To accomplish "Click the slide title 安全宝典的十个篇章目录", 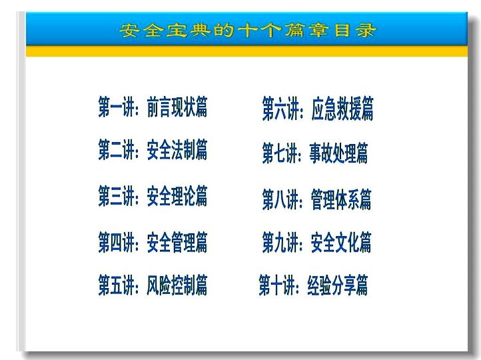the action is (x=248, y=31).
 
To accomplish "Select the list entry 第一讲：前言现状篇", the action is (x=153, y=107).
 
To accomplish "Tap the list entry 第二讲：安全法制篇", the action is (x=153, y=149).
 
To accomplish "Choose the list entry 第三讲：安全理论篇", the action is (x=153, y=196).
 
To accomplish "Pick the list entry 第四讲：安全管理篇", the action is (x=153, y=243).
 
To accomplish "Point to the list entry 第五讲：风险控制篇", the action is (x=153, y=285).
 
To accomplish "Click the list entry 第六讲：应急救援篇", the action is (x=318, y=109).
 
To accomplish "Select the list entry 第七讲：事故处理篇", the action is (x=315, y=153).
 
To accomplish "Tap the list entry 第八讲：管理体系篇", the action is (x=316, y=199).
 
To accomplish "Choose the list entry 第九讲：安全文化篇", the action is (x=316, y=243).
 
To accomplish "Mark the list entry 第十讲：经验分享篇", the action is (x=313, y=285).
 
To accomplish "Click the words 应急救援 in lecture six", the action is (x=336, y=109).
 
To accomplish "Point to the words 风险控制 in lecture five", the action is (x=171, y=285).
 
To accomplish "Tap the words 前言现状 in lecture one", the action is (x=171, y=107).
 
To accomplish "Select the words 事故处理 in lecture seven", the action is (x=332, y=153).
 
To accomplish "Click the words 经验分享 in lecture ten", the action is (x=332, y=285).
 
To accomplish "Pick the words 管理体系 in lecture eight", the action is (x=335, y=199).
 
